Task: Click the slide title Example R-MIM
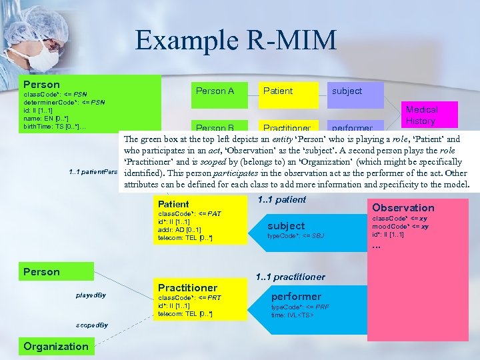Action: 236,40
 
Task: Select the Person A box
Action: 215,91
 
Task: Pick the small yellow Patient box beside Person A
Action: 279,91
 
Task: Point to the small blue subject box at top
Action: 347,91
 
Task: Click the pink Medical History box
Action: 422,115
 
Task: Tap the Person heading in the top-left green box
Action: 41,85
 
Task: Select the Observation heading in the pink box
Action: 403,208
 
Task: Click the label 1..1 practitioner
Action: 291,277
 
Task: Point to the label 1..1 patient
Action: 281,199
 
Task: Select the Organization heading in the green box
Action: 56,346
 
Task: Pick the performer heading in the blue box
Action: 297,297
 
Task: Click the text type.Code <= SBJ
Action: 295,237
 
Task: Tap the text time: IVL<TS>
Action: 292,314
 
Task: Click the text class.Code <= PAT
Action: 189,213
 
